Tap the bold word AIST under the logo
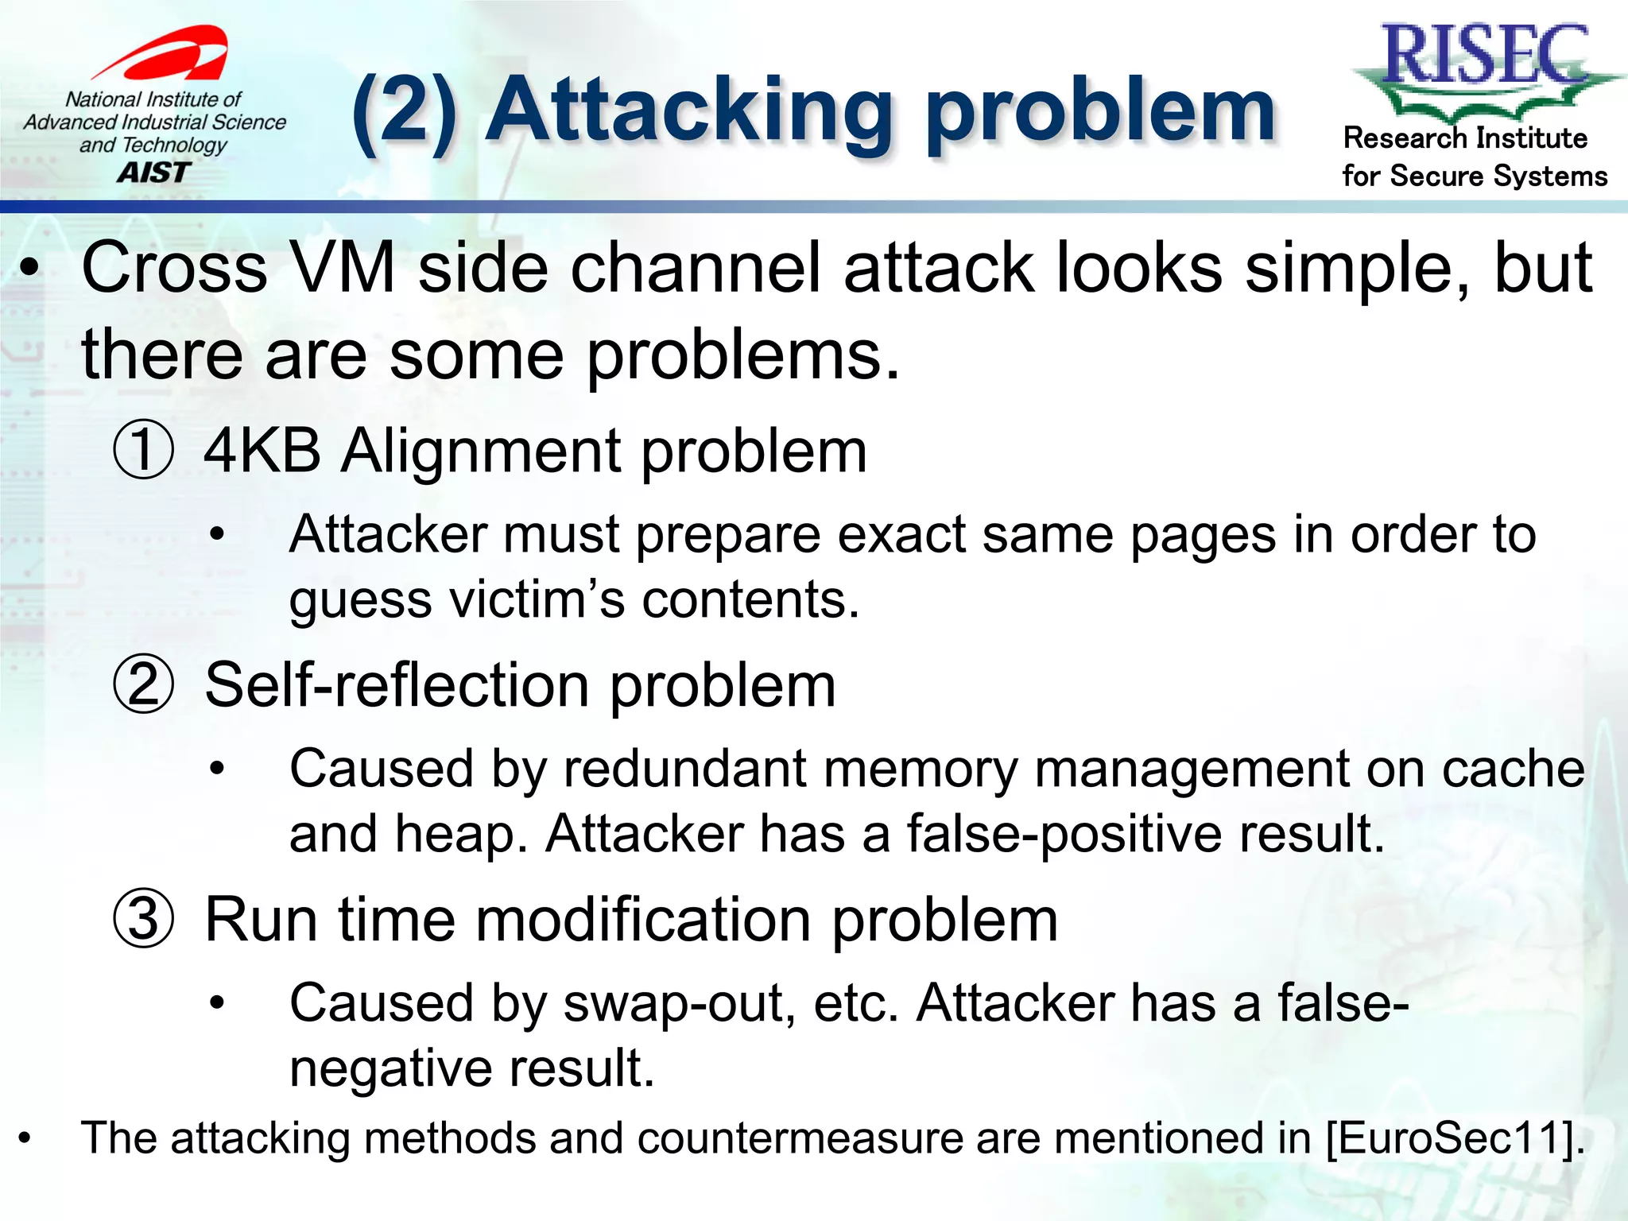pyautogui.click(x=154, y=172)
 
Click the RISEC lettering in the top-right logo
pyautogui.click(x=1485, y=54)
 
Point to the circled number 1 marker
pyautogui.click(x=143, y=450)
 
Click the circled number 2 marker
pyautogui.click(x=143, y=684)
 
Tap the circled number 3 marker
pyautogui.click(x=143, y=919)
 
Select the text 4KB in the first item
pyautogui.click(x=262, y=450)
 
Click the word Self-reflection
pyautogui.click(x=397, y=684)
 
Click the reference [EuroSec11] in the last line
pyautogui.click(x=1455, y=1138)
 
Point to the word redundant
pyautogui.click(x=700, y=769)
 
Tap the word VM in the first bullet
pyautogui.click(x=343, y=268)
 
